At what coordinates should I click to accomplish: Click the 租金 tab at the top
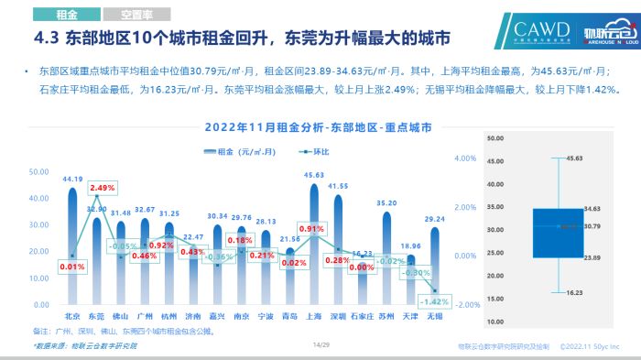click(65, 16)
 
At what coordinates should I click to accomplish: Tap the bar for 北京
click(72, 247)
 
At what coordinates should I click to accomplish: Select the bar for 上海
click(314, 247)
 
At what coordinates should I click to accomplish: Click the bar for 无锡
click(435, 266)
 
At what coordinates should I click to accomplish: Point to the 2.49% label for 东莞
click(103, 188)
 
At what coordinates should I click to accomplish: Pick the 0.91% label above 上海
click(311, 229)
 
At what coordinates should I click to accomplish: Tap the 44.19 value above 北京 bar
click(72, 179)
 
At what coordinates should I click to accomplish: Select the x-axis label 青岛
click(290, 316)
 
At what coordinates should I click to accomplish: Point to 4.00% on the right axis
click(466, 158)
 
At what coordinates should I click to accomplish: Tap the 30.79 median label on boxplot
click(592, 225)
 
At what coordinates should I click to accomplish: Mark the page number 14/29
click(320, 345)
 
